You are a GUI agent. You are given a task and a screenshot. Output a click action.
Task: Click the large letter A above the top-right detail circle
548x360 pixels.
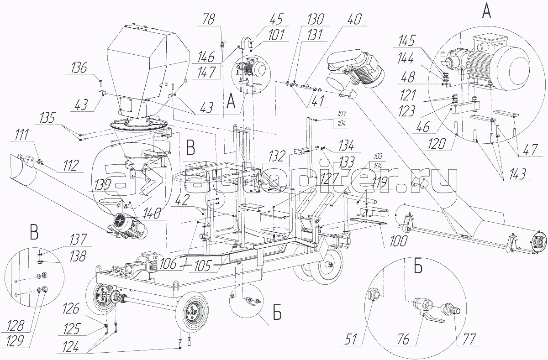click(x=487, y=12)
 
